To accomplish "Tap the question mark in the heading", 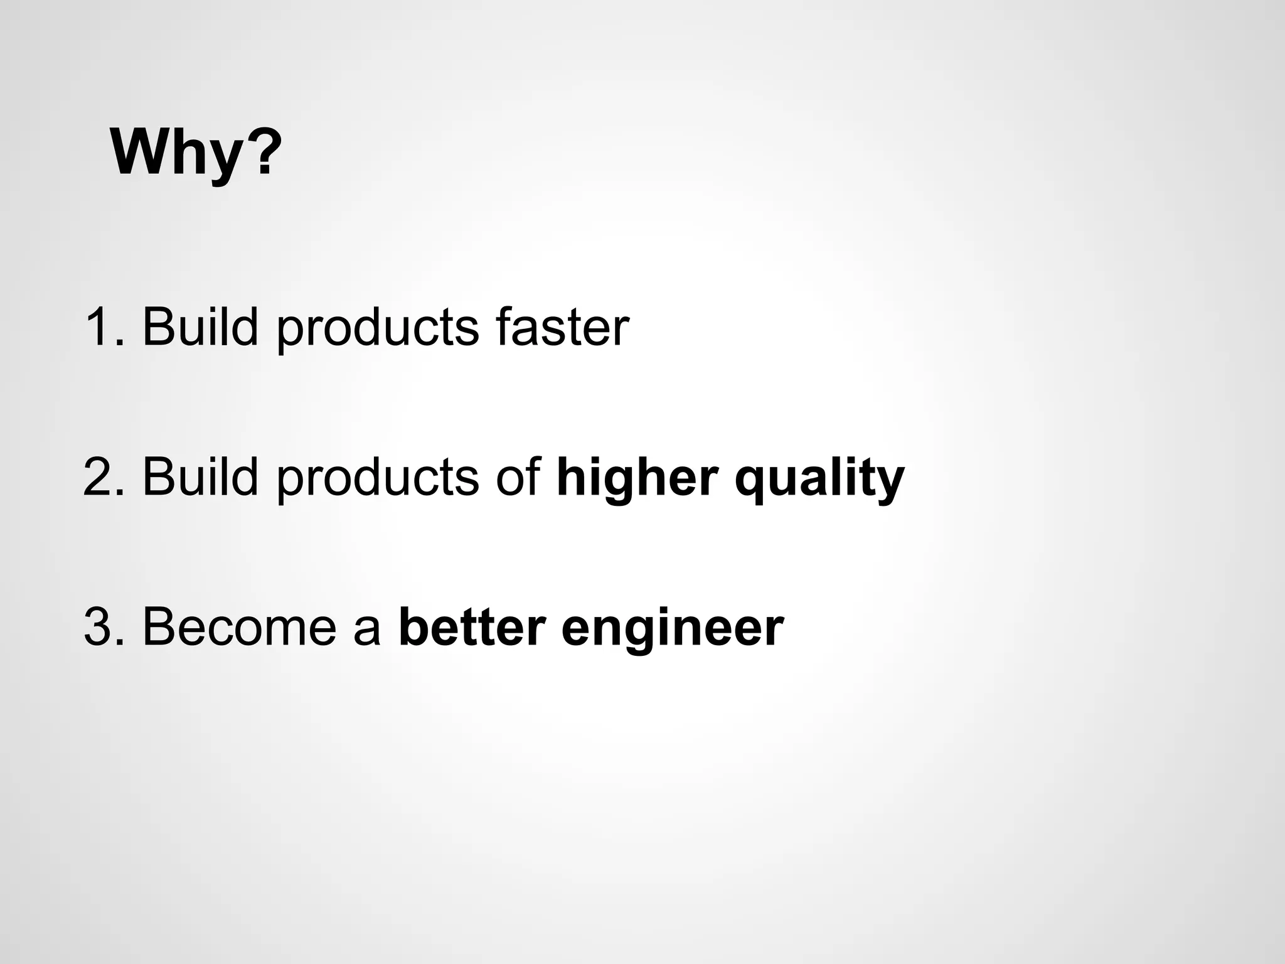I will click(x=260, y=152).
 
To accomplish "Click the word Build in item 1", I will click(x=200, y=327).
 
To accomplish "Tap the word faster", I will click(x=562, y=327).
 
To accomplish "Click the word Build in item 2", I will click(x=200, y=477).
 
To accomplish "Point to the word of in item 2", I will click(x=518, y=477).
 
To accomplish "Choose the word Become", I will click(x=239, y=627).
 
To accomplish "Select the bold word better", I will click(x=472, y=627).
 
